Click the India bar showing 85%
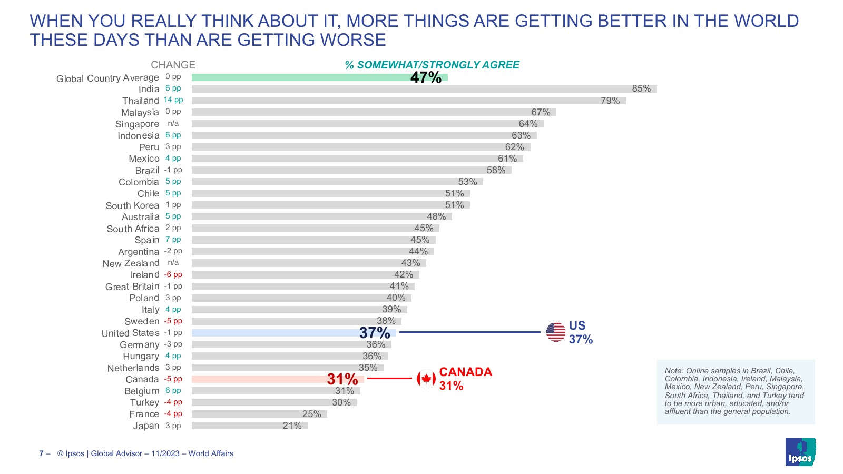(424, 89)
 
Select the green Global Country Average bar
(300, 77)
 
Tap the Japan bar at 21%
(249, 426)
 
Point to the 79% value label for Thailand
(610, 101)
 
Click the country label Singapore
(137, 124)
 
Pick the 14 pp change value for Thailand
(173, 100)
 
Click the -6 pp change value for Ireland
(173, 275)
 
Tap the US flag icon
(555, 332)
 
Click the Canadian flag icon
(426, 379)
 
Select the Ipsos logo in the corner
(800, 452)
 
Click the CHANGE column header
(173, 65)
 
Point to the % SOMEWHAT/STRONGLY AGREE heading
(432, 65)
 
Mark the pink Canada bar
(258, 379)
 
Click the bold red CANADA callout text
(465, 372)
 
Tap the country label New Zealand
(131, 263)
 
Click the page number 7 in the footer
(41, 453)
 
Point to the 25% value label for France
(311, 414)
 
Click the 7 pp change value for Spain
(173, 240)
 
